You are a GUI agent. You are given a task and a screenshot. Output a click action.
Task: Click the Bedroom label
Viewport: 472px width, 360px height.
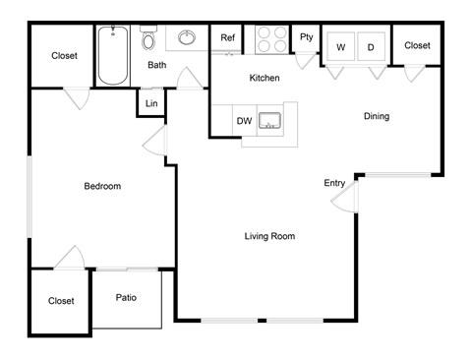[x=102, y=186]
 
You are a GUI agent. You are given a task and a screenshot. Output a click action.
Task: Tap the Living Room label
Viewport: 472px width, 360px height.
[x=269, y=236]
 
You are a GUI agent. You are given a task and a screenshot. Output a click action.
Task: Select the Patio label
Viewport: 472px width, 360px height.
[x=126, y=297]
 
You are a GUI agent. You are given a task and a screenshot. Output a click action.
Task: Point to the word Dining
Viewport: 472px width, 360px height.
[x=377, y=116]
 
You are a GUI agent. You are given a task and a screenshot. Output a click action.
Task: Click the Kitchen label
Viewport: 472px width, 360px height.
[x=265, y=78]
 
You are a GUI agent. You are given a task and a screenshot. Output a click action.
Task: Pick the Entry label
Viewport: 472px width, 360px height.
[x=334, y=183]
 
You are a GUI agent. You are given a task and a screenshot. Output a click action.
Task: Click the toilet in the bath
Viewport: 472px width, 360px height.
[x=148, y=39]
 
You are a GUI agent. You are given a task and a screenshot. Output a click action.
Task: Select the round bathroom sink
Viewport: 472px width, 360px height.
[x=187, y=39]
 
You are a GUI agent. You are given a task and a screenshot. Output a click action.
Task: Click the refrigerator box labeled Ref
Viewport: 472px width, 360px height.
[x=227, y=38]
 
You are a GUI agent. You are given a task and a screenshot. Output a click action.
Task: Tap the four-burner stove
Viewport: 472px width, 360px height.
[x=270, y=38]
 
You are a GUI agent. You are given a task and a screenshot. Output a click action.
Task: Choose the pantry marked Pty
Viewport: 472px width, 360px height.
[x=307, y=37]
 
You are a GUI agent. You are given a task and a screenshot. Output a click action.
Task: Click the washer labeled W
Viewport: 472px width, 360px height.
[x=341, y=46]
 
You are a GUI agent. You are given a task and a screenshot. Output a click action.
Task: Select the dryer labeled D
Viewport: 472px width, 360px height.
[x=372, y=46]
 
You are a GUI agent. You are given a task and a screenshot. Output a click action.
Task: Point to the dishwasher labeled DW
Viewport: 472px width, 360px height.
[x=244, y=121]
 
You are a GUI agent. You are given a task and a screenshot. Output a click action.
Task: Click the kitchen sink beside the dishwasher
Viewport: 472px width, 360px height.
[x=270, y=122]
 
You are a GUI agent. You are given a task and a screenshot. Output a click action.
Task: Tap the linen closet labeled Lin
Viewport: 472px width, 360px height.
[x=151, y=103]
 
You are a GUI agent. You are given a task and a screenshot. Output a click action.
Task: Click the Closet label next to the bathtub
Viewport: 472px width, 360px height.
[x=64, y=56]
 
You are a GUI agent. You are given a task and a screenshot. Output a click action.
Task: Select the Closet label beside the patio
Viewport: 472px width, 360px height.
[x=62, y=301]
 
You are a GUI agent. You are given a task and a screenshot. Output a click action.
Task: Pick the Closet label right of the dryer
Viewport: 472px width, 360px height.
[x=417, y=45]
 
